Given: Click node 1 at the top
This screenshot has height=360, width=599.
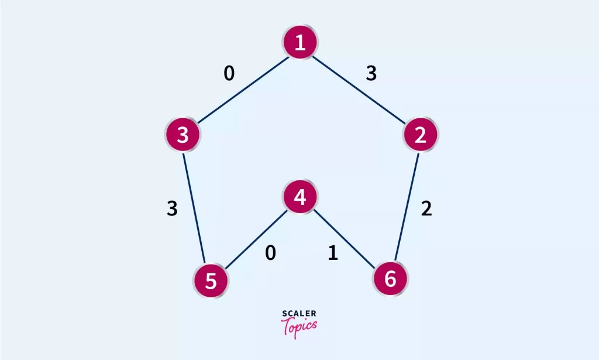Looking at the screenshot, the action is [300, 42].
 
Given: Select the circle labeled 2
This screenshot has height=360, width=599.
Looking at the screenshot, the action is [420, 135].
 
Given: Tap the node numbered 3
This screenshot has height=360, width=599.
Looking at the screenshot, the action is [183, 135].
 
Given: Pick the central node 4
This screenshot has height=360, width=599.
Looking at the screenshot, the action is [300, 197].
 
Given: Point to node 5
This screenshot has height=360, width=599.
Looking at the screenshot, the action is [211, 281].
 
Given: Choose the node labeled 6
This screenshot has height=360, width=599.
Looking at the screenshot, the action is [390, 279].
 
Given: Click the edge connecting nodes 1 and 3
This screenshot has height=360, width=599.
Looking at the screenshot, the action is [243, 90].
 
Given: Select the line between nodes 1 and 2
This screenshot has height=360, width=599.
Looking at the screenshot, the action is [359, 90].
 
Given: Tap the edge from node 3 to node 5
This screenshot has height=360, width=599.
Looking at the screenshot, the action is [194, 208].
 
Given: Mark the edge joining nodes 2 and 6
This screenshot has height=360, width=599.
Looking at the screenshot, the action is [407, 207].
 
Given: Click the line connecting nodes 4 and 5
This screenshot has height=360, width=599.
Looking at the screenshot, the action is [256, 239].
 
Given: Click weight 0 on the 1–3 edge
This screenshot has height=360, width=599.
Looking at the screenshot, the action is [229, 73].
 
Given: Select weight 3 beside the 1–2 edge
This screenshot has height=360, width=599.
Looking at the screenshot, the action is [371, 73].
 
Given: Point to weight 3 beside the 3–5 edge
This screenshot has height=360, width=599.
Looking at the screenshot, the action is [173, 208].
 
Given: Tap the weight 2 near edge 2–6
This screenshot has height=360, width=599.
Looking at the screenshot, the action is [426, 208].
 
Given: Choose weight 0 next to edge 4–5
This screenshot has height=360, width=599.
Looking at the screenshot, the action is [270, 253].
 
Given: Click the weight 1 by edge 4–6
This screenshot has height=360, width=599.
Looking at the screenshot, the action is [333, 253].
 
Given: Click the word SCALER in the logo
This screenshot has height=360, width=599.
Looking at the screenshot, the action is [299, 314].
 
